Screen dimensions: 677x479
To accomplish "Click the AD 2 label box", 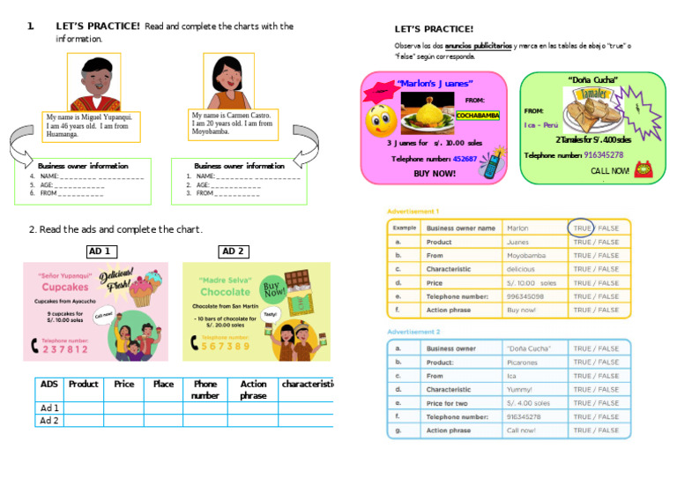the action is pos(233,251).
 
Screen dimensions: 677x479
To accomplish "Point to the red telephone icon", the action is pos(642,169).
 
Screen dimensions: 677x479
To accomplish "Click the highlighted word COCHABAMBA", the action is pos(478,116).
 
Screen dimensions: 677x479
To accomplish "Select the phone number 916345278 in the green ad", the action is pos(604,155).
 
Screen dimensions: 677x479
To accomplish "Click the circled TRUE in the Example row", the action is pos(582,228).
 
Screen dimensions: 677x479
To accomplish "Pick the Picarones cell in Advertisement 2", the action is pos(523,362).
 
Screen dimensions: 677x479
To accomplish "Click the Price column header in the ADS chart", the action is pos(124,385).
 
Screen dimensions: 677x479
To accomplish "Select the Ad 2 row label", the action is pos(49,421).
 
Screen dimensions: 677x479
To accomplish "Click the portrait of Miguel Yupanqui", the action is pos(93,82).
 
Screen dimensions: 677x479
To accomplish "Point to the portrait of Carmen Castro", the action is pos(227,81).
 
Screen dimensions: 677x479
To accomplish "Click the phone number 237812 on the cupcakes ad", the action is pos(65,349).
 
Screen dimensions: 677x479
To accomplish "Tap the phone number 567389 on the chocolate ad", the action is pos(226,347).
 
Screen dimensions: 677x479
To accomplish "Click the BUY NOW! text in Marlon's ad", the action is pos(435,174).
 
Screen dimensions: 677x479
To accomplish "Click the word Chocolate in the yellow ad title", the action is pos(225,292).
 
